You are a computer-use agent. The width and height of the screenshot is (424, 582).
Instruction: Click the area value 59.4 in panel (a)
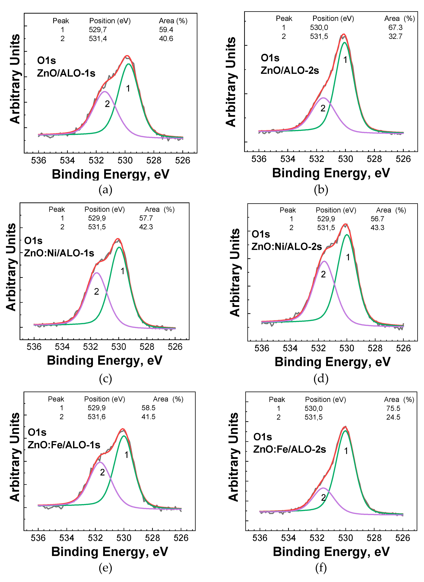[x=166, y=30]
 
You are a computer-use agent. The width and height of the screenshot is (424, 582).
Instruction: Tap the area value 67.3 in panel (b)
[x=395, y=27]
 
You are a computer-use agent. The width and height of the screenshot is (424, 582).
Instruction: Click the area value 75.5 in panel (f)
[x=393, y=409]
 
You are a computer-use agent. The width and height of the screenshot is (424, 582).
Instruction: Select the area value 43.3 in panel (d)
[x=377, y=228]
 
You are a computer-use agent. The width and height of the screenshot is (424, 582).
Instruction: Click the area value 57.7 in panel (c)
[x=146, y=218]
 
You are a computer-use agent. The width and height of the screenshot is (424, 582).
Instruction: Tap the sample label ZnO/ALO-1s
[x=66, y=73]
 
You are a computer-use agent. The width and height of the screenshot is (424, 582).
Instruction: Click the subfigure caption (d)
[x=321, y=379]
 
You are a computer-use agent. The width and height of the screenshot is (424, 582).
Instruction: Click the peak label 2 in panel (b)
[x=323, y=108]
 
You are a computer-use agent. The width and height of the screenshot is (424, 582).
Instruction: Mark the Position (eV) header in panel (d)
[x=336, y=210]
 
